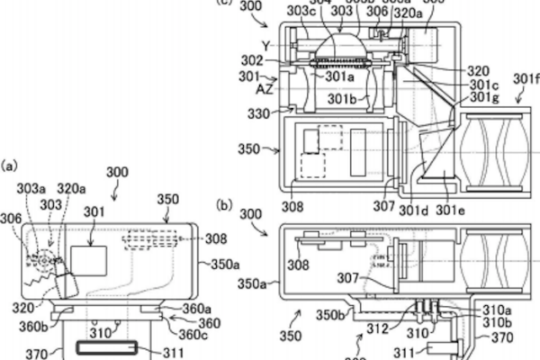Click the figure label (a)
(x=10, y=166)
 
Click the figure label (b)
(x=225, y=205)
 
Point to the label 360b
(x=38, y=325)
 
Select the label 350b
(x=328, y=314)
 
